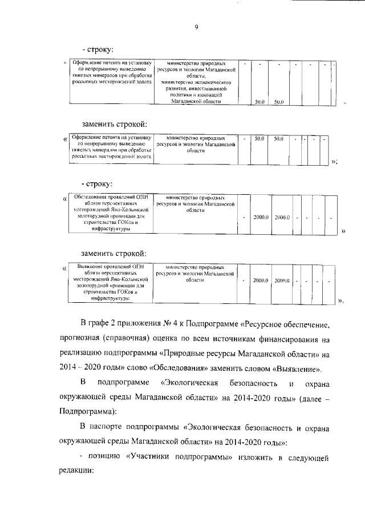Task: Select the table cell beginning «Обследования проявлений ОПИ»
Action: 110,213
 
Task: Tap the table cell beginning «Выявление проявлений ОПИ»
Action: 110,282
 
